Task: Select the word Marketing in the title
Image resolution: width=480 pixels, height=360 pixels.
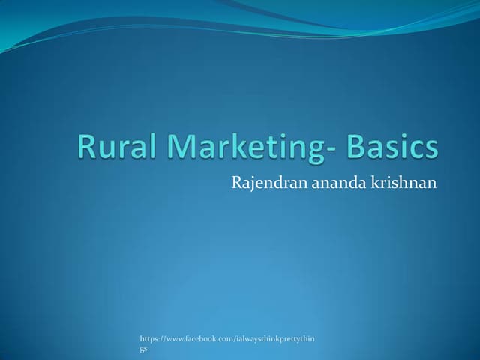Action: point(240,148)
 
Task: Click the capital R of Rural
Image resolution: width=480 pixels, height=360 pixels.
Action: point(87,148)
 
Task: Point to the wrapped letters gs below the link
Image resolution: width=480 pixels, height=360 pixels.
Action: point(144,349)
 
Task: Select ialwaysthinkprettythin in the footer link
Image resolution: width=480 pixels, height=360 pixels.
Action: point(279,340)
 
